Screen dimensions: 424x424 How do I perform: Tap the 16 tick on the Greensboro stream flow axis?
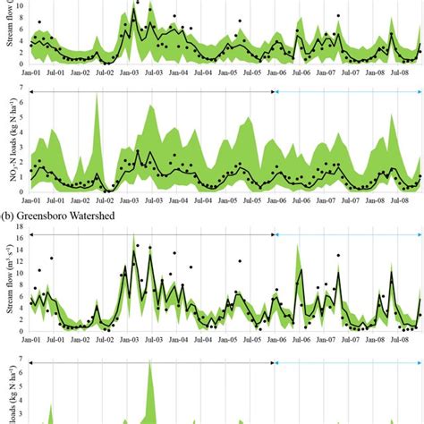[x=23, y=235]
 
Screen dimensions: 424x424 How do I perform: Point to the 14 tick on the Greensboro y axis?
[x=23, y=248]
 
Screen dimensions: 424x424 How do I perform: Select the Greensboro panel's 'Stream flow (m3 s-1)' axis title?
[x=10, y=284]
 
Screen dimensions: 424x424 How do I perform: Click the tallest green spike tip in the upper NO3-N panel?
[x=96, y=94]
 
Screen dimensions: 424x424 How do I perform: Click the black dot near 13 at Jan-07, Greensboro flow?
[x=337, y=255]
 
